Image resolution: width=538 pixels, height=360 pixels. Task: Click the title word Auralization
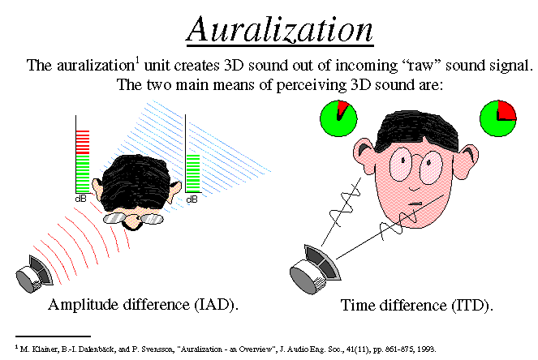pos(280,30)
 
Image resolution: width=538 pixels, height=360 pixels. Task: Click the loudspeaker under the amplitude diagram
pos(34,274)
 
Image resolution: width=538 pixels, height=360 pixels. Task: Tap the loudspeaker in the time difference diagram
pos(315,269)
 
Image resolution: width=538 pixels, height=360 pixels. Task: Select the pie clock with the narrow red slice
pos(338,118)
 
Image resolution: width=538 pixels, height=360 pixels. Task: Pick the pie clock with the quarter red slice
pos(498,118)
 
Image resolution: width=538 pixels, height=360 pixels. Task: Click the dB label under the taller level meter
pos(80,199)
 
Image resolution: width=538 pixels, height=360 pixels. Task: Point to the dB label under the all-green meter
pos(192,199)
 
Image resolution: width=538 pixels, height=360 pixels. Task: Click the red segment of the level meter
pos(83,142)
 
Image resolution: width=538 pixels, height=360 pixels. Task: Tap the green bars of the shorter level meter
pos(193,174)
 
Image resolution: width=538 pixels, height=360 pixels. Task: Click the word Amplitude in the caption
pos(84,304)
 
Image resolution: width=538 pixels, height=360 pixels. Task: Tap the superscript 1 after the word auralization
pos(138,60)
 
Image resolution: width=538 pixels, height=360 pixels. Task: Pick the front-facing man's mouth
pos(415,204)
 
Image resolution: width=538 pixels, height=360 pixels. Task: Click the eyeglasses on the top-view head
pos(133,218)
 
